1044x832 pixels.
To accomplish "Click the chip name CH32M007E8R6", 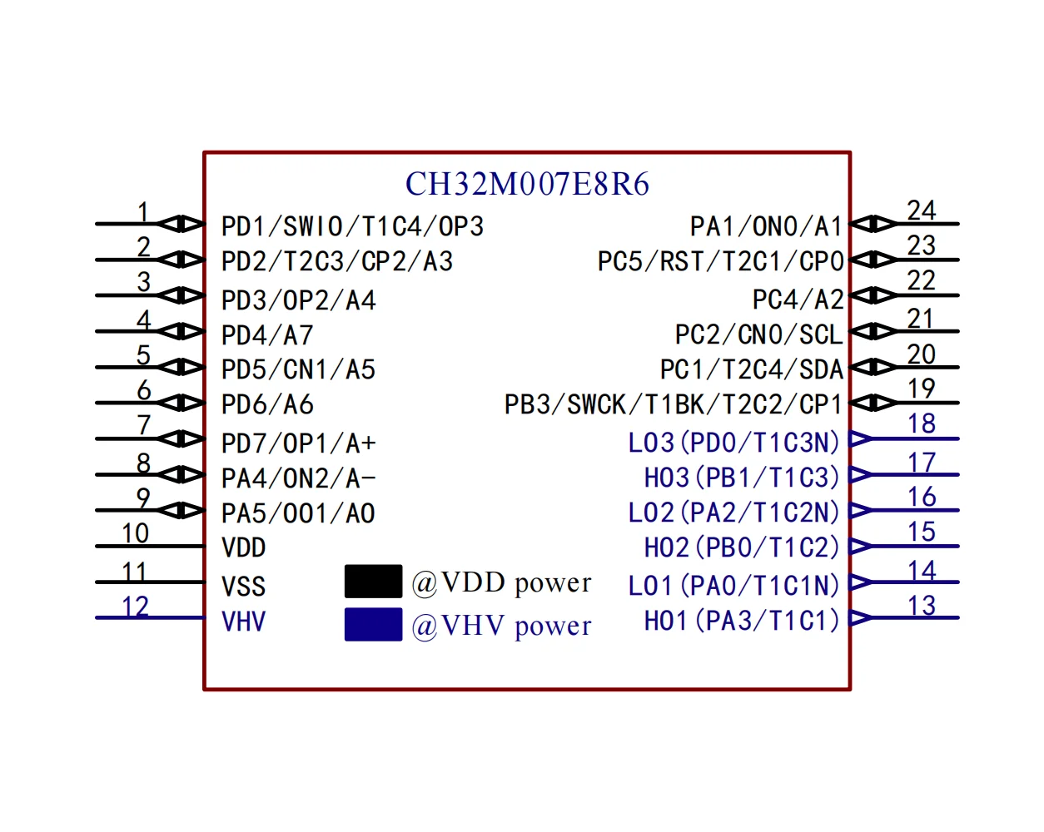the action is point(527,184).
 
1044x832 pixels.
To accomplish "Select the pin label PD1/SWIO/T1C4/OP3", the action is point(352,226).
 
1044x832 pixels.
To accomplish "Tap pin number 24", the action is point(921,210).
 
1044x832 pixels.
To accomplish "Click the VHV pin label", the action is point(244,622).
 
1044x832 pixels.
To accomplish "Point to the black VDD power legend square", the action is point(373,581).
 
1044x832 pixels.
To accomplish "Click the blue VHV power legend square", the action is point(373,625).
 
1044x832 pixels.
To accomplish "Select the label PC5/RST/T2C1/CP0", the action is point(720,262).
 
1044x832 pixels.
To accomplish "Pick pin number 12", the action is point(135,606).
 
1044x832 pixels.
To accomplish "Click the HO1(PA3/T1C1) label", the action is point(741,621).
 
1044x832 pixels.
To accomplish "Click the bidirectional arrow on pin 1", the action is point(181,224).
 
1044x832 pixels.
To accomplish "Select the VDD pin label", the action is point(244,548).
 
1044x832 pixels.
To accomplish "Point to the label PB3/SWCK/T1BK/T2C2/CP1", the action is point(673,404).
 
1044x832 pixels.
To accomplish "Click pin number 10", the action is point(135,533).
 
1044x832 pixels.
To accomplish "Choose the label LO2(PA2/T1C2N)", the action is point(733,513).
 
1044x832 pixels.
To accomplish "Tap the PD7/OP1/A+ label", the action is point(298,443).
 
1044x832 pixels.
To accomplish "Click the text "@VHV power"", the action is point(502,626).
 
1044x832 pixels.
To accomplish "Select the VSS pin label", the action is point(244,587).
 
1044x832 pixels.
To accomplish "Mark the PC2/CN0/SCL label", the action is point(758,334).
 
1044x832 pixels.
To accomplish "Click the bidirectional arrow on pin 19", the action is point(873,403).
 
